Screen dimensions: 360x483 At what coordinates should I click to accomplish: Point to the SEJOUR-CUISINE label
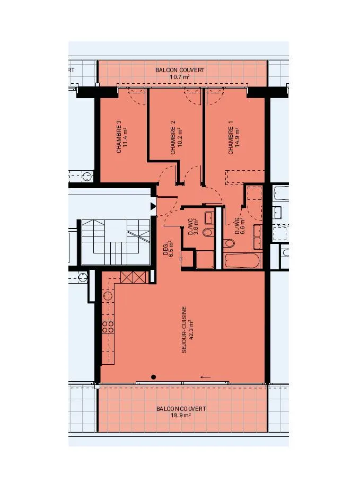pos(184,329)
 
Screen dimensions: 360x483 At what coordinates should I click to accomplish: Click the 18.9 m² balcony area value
pos(181,415)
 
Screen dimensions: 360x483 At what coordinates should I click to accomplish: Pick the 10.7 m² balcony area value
pos(180,76)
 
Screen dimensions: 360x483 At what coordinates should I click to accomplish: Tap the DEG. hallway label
pos(165,249)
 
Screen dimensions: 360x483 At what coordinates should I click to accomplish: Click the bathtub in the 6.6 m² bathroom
pos(242,261)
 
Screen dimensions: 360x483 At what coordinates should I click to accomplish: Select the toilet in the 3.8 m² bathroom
pos(208,232)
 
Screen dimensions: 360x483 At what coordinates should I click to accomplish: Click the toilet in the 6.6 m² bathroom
pos(229,243)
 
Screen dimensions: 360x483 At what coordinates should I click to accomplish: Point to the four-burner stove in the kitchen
pos(108,327)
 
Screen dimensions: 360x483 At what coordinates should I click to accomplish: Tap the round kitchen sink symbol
pos(108,296)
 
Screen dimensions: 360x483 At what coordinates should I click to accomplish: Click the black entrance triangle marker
pos(153,206)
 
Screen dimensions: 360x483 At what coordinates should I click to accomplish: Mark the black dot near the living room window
pos(153,377)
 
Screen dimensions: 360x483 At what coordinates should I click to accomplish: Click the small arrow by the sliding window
pos(205,377)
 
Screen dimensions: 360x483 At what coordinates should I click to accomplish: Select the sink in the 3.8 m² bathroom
pos(210,217)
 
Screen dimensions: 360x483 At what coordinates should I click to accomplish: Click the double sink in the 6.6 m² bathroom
pos(258,236)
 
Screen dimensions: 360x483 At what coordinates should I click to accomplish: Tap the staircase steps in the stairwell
pos(116,242)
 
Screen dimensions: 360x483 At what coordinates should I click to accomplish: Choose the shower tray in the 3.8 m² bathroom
pos(205,259)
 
